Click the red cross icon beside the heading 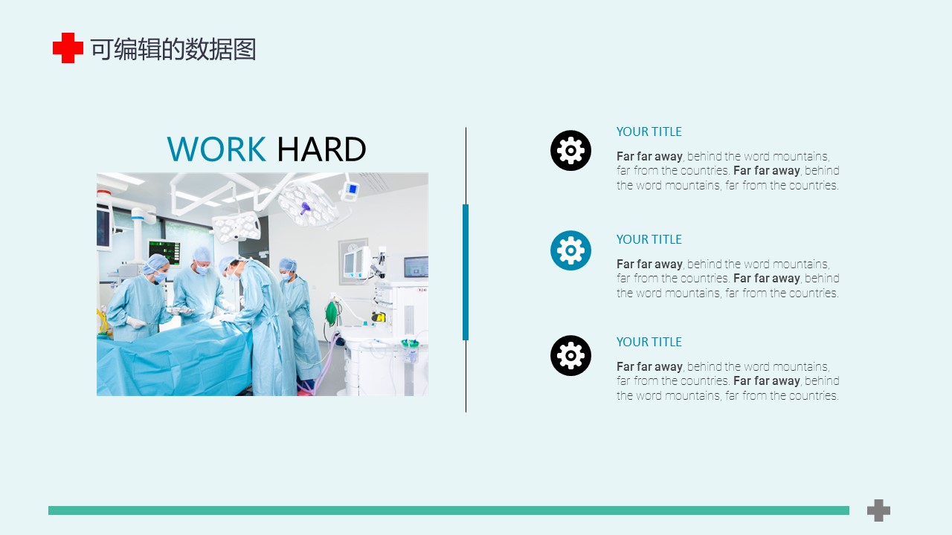click(68, 48)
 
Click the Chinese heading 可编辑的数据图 click(173, 49)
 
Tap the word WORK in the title click(216, 149)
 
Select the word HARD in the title click(321, 149)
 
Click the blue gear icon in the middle click(570, 250)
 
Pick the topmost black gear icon click(570, 150)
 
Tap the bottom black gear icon click(570, 355)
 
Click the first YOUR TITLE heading click(649, 132)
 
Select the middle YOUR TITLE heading click(649, 239)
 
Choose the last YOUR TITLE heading click(649, 342)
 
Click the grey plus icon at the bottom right click(878, 510)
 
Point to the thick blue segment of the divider click(466, 272)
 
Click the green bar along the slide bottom click(448, 510)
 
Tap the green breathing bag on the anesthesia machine click(331, 314)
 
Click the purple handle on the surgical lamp click(305, 209)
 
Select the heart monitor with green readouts click(164, 252)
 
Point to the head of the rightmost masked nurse click(288, 269)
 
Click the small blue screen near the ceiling click(352, 189)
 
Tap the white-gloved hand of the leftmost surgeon click(136, 322)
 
